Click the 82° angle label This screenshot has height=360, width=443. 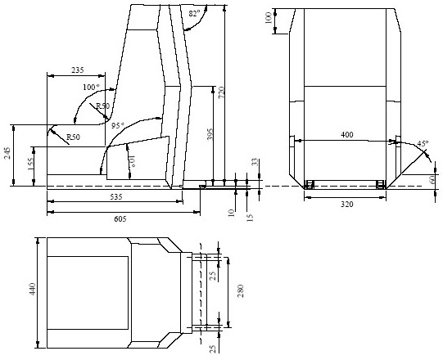pos(194,13)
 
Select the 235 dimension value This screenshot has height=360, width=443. pos(79,71)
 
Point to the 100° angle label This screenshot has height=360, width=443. pos(90,87)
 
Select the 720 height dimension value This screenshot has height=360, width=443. pos(232,95)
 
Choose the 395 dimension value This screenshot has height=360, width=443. pos(210,133)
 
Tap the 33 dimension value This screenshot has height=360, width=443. pos(255,163)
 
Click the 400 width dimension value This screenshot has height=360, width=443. pos(347,134)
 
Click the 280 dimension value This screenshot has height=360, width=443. pos(240,290)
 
